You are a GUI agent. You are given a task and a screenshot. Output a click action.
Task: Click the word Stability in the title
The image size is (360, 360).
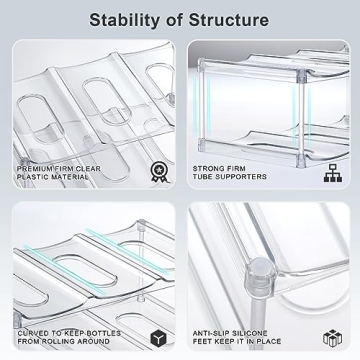128,19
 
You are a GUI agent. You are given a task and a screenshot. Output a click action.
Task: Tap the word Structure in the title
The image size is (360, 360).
231,19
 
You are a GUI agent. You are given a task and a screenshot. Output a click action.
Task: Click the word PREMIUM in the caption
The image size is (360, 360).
37,168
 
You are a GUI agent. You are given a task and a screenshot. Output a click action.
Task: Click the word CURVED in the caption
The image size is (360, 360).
34,333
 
